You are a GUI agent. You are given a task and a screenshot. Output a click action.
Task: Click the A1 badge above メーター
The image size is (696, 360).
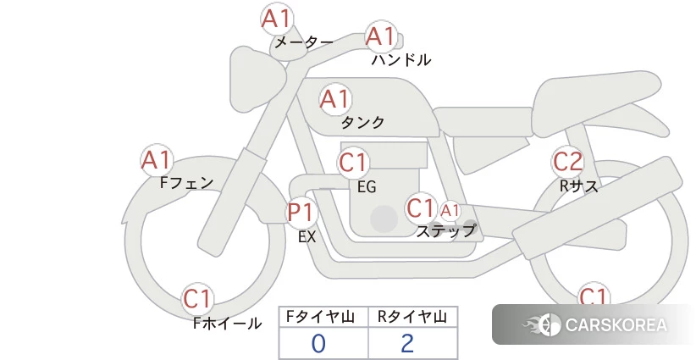277,19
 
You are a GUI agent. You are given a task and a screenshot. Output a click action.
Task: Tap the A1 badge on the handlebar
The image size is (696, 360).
381,36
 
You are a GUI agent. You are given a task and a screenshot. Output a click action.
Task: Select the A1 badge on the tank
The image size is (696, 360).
335,99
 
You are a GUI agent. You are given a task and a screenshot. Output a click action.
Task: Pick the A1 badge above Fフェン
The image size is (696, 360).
157,160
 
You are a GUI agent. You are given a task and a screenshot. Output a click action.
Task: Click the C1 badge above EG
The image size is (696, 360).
353,163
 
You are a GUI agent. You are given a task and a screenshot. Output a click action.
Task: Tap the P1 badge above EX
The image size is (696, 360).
301,212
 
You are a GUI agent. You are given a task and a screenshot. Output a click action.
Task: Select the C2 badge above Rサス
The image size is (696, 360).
567,162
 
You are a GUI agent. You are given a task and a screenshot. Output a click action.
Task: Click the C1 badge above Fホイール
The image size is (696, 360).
197,299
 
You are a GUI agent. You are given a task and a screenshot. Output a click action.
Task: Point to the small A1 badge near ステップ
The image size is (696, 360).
450,211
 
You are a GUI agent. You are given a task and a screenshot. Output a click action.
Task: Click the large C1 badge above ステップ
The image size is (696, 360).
421,208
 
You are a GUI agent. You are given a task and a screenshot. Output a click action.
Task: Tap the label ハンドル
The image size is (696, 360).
401,60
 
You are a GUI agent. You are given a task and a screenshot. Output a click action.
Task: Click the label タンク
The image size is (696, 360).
362,123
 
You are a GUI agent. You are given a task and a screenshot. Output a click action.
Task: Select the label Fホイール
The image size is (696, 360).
227,324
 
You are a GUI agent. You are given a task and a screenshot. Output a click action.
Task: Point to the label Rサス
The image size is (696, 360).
579,186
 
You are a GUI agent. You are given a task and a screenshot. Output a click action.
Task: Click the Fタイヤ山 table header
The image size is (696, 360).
320,317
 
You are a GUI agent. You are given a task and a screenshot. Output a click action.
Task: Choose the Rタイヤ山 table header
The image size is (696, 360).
412,317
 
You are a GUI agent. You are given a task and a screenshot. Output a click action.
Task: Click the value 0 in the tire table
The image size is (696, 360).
318,344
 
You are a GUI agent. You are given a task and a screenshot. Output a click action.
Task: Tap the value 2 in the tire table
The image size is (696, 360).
407,343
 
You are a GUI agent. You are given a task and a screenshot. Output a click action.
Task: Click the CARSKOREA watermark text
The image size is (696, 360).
616,325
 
